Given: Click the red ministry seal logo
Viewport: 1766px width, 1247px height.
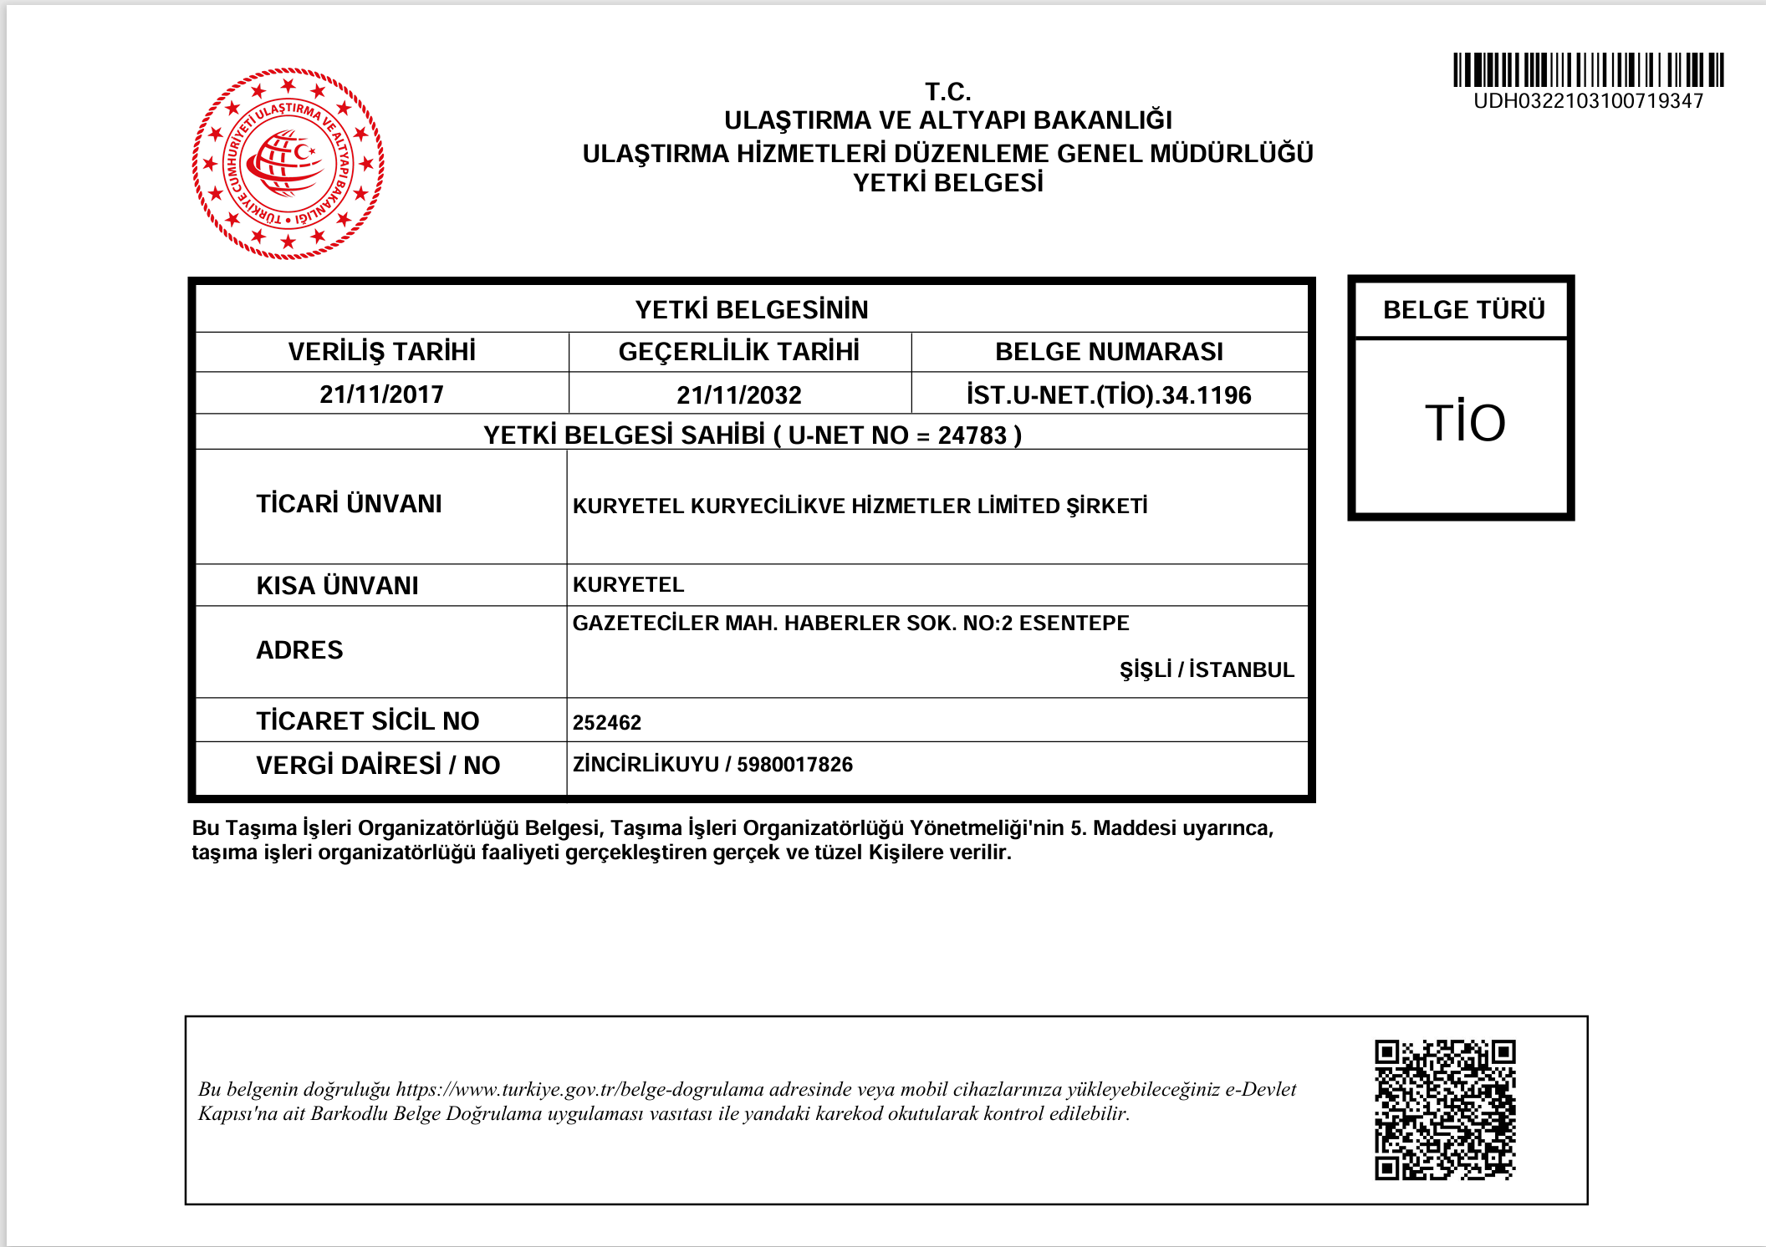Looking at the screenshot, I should [288, 164].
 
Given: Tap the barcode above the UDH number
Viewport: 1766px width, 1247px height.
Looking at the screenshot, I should [1588, 69].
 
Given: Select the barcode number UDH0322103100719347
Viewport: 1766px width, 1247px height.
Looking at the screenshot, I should [1588, 101].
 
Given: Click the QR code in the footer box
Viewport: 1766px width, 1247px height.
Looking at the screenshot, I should [1445, 1109].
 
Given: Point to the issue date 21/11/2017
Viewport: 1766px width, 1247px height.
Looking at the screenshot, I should [381, 394].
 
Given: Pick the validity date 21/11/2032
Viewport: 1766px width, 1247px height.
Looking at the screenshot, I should [739, 394].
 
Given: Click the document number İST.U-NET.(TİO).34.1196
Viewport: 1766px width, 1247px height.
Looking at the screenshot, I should [1109, 394].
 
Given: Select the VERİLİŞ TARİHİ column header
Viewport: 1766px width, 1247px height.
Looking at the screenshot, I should [381, 351].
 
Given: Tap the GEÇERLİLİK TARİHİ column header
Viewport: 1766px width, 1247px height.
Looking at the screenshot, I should [739, 351].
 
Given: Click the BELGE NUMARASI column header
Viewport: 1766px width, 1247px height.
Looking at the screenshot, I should [1109, 351].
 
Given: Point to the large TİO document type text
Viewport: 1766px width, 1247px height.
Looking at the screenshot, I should [1465, 422].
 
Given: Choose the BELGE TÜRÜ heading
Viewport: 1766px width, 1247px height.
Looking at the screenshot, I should [1463, 309].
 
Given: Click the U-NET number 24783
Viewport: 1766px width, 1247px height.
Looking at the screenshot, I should [972, 435].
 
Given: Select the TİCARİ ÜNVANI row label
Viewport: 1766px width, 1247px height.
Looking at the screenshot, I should [349, 503].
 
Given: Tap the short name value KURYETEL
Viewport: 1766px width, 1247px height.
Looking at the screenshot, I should [628, 584].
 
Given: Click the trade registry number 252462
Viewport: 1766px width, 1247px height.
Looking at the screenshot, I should [607, 722].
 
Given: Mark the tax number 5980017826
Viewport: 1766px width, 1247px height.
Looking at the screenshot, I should [794, 764].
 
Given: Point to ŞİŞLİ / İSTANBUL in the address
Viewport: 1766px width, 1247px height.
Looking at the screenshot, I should [1207, 669].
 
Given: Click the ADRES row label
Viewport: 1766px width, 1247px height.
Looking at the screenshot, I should [299, 649].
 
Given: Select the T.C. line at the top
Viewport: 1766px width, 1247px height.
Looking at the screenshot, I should [948, 91].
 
